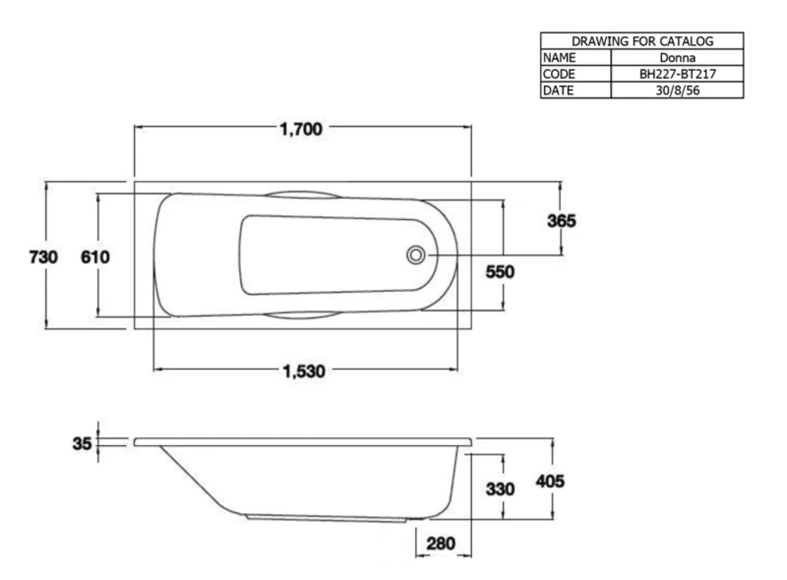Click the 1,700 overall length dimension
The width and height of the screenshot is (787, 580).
pos(301,129)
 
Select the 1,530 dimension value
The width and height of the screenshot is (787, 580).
pos(304,372)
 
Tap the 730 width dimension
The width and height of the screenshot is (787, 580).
pos(43,257)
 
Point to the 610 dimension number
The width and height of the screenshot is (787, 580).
pos(95,257)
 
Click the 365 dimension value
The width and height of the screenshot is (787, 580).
pos(562,221)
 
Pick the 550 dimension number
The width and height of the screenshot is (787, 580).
pos(500,272)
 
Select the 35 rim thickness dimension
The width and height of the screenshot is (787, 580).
pos(82,444)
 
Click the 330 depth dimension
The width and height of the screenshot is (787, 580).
pos(500,489)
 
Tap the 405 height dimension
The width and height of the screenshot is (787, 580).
pos(550,481)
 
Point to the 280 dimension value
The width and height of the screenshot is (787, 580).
pos(441,544)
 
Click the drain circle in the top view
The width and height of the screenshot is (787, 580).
pos(416,255)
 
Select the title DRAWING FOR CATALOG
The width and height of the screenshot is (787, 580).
pos(642,41)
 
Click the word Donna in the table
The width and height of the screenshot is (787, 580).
pos(677,57)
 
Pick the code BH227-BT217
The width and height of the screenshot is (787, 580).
pos(678,74)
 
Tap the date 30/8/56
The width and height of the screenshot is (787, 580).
pos(677,90)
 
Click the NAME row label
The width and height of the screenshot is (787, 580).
pos(559,57)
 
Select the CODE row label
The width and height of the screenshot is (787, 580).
pos(559,74)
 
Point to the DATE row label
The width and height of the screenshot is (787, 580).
pos(558,90)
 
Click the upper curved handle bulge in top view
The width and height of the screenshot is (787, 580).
pos(302,192)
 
